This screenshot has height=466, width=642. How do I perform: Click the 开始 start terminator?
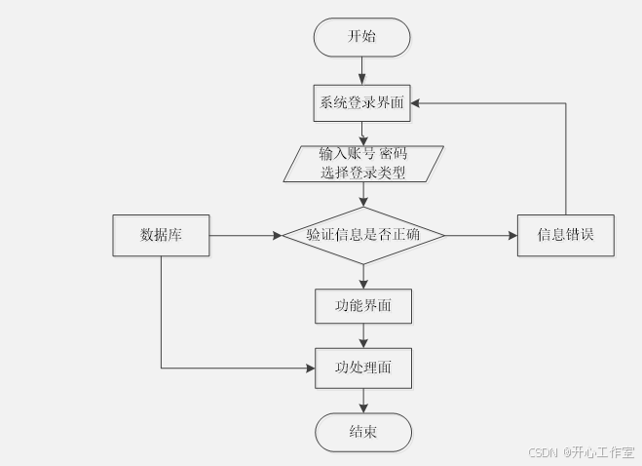click(361, 37)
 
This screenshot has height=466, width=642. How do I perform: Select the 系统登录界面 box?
click(361, 102)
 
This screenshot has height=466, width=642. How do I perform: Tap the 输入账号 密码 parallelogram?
click(363, 163)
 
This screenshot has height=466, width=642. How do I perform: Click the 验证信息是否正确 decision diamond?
click(363, 235)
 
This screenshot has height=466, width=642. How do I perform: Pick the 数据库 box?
click(161, 235)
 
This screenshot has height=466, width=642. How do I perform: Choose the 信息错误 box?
click(565, 235)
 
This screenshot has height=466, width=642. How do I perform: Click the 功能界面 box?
click(363, 305)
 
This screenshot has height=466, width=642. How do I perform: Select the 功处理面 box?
click(363, 368)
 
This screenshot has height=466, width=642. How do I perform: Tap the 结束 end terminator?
click(363, 431)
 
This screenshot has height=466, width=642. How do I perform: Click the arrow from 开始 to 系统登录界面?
click(362, 70)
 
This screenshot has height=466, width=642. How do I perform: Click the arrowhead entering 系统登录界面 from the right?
click(417, 102)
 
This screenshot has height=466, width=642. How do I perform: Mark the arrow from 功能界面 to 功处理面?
click(363, 335)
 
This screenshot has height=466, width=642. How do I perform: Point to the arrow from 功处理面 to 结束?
click(363, 400)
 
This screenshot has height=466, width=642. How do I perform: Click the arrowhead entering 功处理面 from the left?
click(309, 368)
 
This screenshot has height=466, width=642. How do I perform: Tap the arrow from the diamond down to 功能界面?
click(363, 276)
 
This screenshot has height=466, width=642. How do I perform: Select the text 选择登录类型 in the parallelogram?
click(363, 173)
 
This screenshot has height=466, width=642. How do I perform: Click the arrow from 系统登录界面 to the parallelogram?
click(362, 134)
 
